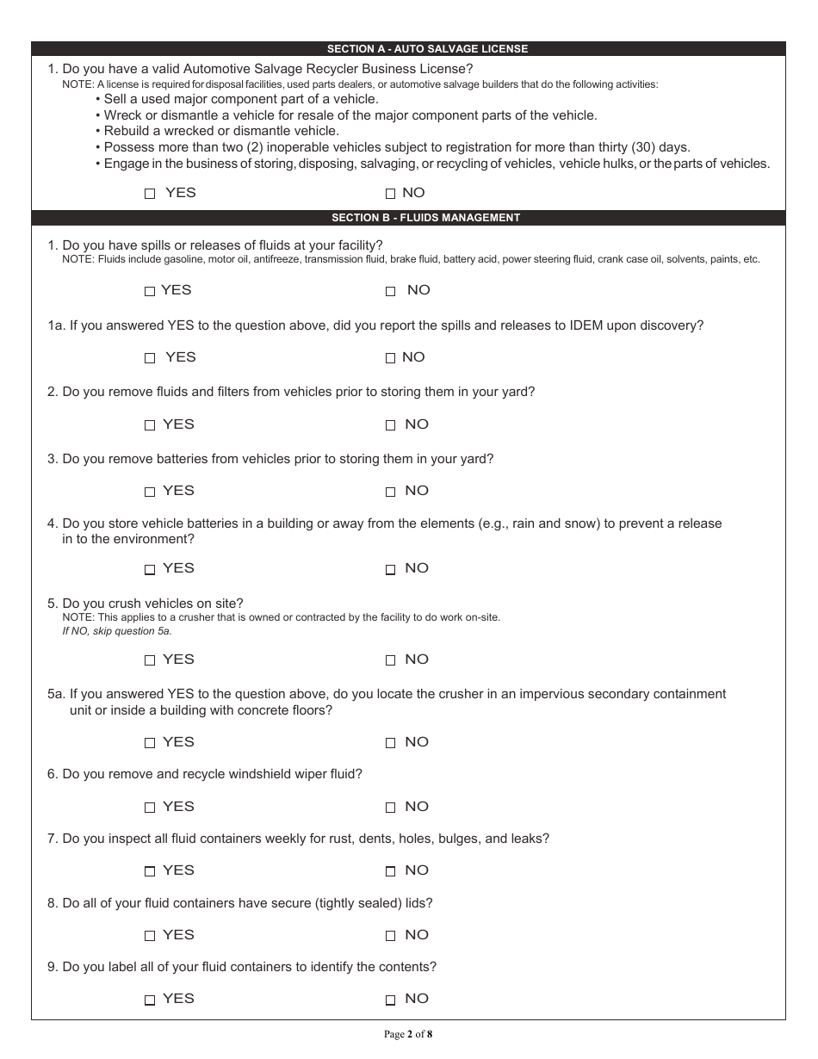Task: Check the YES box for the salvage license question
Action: [150, 195]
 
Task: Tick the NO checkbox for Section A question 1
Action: [390, 195]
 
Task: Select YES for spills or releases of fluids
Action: [150, 292]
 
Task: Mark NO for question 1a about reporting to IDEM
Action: [390, 358]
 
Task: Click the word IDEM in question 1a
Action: [587, 325]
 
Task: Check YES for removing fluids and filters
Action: [150, 425]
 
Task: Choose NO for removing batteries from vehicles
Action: [390, 492]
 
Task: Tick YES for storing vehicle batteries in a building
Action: [150, 569]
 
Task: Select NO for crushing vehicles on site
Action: [390, 660]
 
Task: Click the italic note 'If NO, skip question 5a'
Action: [117, 631]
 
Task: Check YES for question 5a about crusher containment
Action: [150, 743]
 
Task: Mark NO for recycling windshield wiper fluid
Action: [390, 808]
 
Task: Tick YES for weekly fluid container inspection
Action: [150, 871]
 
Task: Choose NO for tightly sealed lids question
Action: [390, 936]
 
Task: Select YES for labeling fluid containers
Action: [150, 1000]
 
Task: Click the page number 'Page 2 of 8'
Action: [408, 1034]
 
